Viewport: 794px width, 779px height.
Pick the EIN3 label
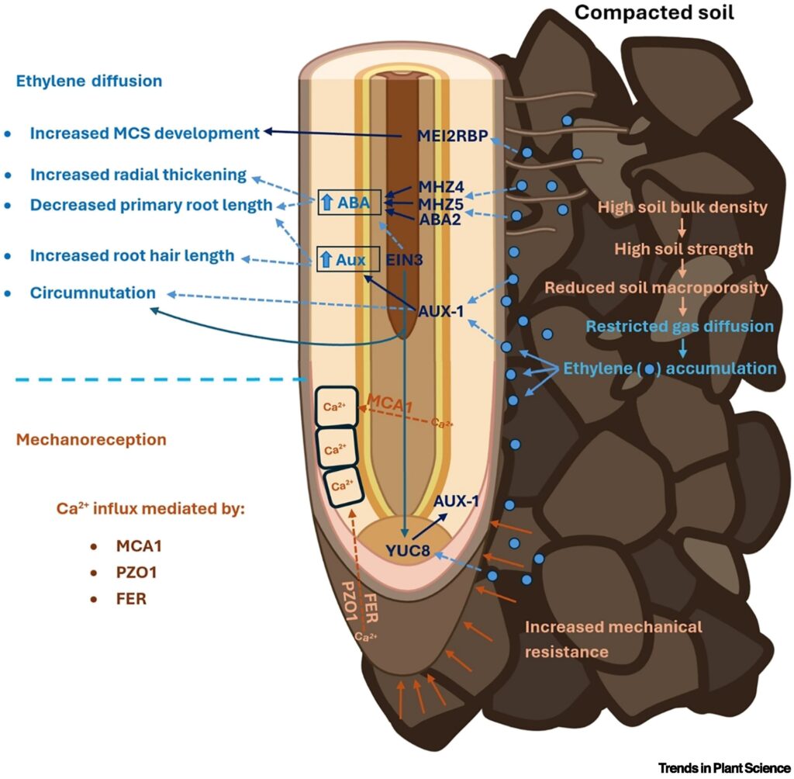point(404,260)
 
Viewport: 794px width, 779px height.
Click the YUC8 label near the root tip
point(407,552)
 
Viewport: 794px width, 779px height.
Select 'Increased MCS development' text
point(144,133)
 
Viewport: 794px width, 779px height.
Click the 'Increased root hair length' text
point(132,255)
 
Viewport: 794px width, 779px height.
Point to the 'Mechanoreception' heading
point(91,439)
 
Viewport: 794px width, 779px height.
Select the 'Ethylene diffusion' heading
point(88,80)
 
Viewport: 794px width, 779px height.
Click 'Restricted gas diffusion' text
point(680,327)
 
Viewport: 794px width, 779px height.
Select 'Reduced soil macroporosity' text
point(657,287)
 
